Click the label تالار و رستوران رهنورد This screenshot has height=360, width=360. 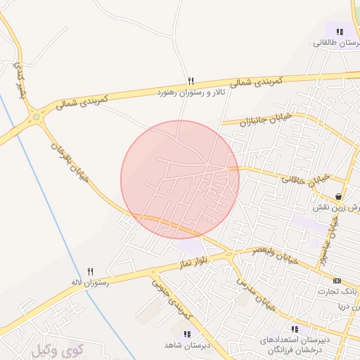[191, 92]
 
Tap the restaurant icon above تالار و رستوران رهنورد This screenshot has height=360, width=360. [191, 81]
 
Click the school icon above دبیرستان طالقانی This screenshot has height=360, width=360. [340, 32]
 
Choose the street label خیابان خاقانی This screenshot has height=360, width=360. [307, 179]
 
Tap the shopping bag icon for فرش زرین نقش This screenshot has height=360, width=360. [340, 197]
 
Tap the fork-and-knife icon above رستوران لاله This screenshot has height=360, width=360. [90, 271]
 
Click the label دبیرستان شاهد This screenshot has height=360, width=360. [186, 345]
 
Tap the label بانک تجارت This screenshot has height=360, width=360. [337, 291]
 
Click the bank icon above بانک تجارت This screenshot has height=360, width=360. [337, 280]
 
